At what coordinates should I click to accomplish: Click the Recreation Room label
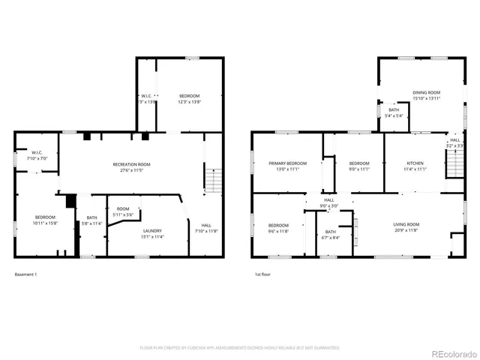click(131, 166)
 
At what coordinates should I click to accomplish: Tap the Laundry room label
click(152, 232)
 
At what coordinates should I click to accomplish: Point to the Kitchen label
click(415, 166)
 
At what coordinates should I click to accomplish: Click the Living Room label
click(406, 226)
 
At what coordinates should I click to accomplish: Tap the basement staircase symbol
click(214, 181)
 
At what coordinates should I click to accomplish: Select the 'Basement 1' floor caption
click(25, 274)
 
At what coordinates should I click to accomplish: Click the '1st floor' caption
click(262, 274)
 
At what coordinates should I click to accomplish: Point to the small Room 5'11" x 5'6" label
click(123, 212)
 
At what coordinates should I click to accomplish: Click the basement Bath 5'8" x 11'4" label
click(91, 220)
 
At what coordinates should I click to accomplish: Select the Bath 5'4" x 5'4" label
click(394, 113)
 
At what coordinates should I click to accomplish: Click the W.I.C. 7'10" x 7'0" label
click(37, 155)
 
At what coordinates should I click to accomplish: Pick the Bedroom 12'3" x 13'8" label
click(189, 98)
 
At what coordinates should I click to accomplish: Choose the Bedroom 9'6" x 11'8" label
click(278, 227)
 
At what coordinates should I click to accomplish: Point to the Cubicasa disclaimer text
click(239, 348)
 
